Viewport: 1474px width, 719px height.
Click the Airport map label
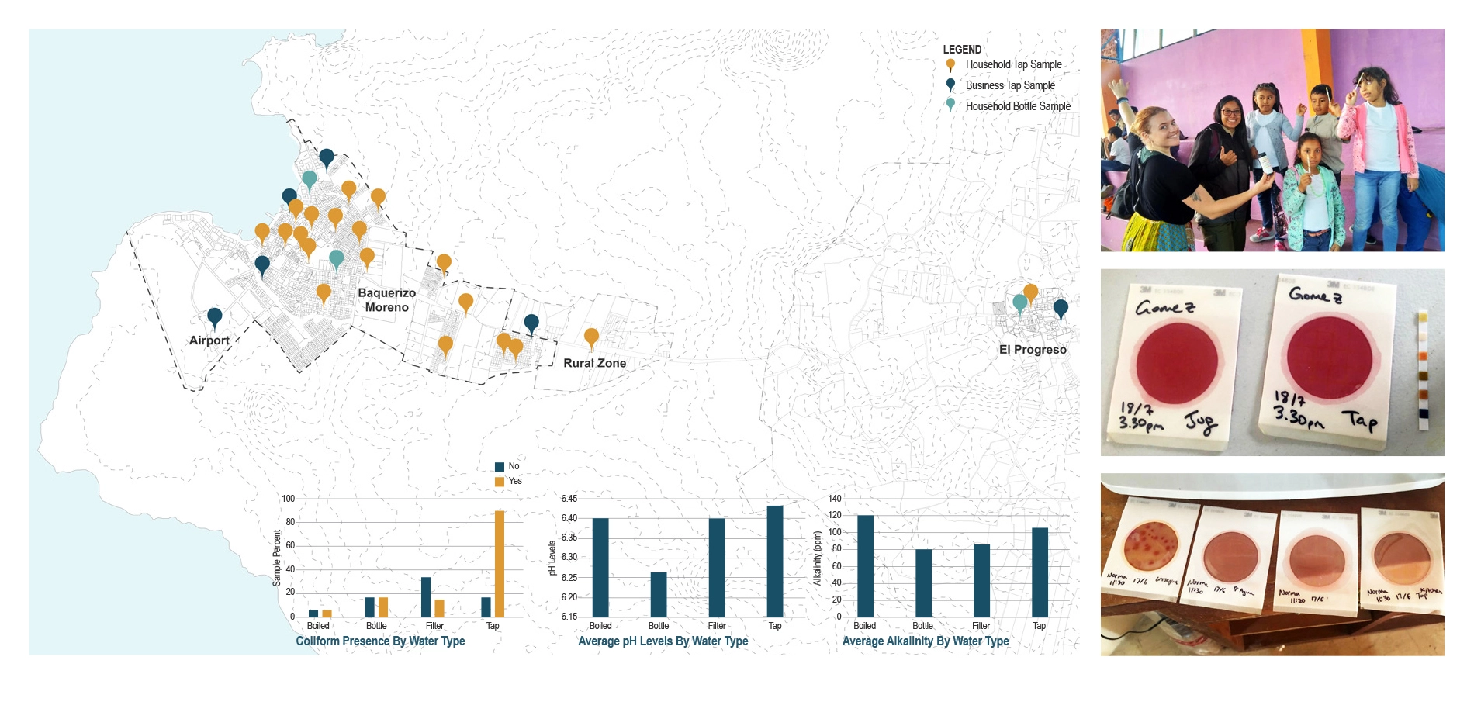pyautogui.click(x=209, y=340)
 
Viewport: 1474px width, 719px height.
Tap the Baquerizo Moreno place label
pyautogui.click(x=386, y=300)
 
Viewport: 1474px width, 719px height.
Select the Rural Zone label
pyautogui.click(x=594, y=363)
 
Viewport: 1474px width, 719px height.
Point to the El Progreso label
pyautogui.click(x=1033, y=350)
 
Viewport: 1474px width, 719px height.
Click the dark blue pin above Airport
pyautogui.click(x=215, y=316)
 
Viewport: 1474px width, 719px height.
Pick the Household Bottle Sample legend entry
pyautogui.click(x=1017, y=106)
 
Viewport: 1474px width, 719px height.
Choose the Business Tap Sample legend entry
pyautogui.click(x=1009, y=85)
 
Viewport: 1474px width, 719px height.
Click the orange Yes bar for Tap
pyautogui.click(x=500, y=564)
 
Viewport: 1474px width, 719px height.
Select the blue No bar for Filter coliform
pyautogui.click(x=426, y=597)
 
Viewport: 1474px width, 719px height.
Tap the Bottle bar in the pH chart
pyautogui.click(x=659, y=595)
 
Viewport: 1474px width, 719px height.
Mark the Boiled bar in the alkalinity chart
pyautogui.click(x=865, y=566)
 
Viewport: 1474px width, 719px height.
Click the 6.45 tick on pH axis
pyautogui.click(x=569, y=499)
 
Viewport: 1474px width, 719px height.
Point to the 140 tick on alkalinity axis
pyautogui.click(x=834, y=499)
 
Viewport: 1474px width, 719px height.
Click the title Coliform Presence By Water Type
pyautogui.click(x=380, y=641)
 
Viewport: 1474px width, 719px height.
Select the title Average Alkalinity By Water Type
pyautogui.click(x=926, y=641)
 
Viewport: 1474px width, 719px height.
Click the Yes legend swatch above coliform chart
pyautogui.click(x=500, y=482)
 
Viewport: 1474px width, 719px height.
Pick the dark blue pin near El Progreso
pyautogui.click(x=1061, y=309)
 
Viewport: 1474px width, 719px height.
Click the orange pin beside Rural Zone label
pyautogui.click(x=591, y=337)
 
